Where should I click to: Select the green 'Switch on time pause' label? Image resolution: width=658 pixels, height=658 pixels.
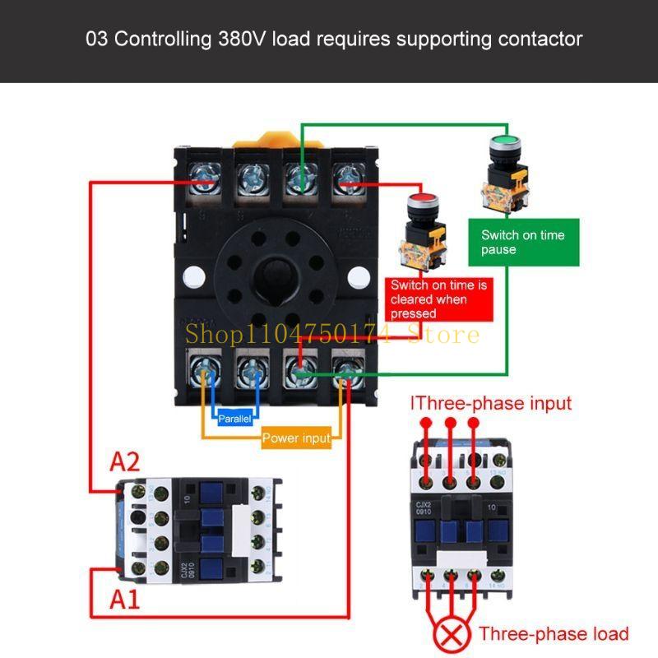click(523, 242)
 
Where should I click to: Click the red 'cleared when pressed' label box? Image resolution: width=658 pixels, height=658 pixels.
click(439, 299)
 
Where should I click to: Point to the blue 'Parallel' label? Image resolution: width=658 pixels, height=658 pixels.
click(236, 419)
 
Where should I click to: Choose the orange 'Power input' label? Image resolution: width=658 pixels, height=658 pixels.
click(296, 438)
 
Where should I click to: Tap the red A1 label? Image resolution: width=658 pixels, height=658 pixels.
click(124, 600)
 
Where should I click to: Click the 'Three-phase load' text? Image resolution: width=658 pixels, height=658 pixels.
click(554, 633)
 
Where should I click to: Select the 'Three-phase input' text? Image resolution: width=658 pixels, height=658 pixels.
click(491, 403)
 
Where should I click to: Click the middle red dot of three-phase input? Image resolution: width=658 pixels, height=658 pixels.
click(449, 424)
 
